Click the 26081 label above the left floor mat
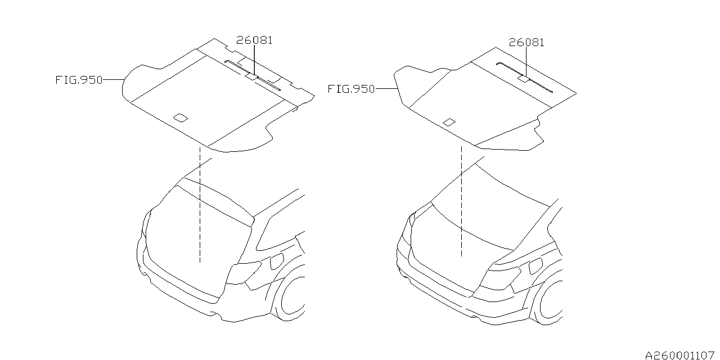click(254, 40)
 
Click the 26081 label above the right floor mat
click(526, 42)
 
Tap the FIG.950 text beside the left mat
click(79, 80)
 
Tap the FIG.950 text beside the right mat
click(352, 89)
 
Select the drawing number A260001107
click(679, 355)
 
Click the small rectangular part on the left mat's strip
click(251, 76)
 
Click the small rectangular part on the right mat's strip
click(524, 79)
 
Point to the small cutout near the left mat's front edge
click(181, 118)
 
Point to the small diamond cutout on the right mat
click(449, 122)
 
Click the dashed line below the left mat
click(200, 205)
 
